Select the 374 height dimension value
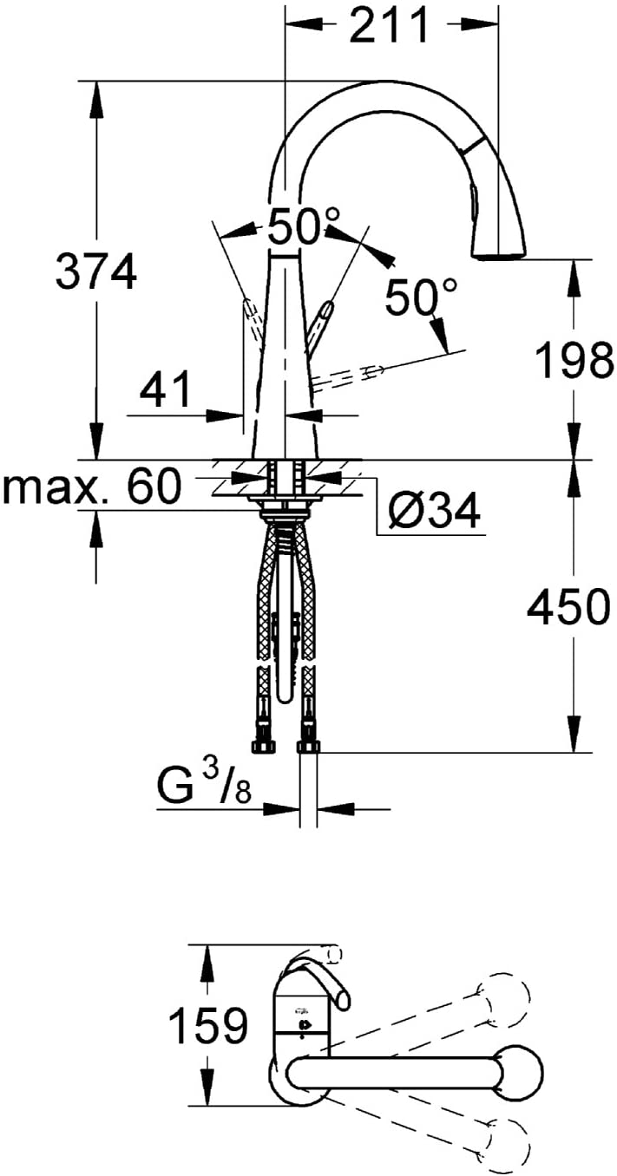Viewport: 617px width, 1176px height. (96, 271)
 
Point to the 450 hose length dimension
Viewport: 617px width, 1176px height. (568, 607)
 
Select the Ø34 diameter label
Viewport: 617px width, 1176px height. (434, 510)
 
